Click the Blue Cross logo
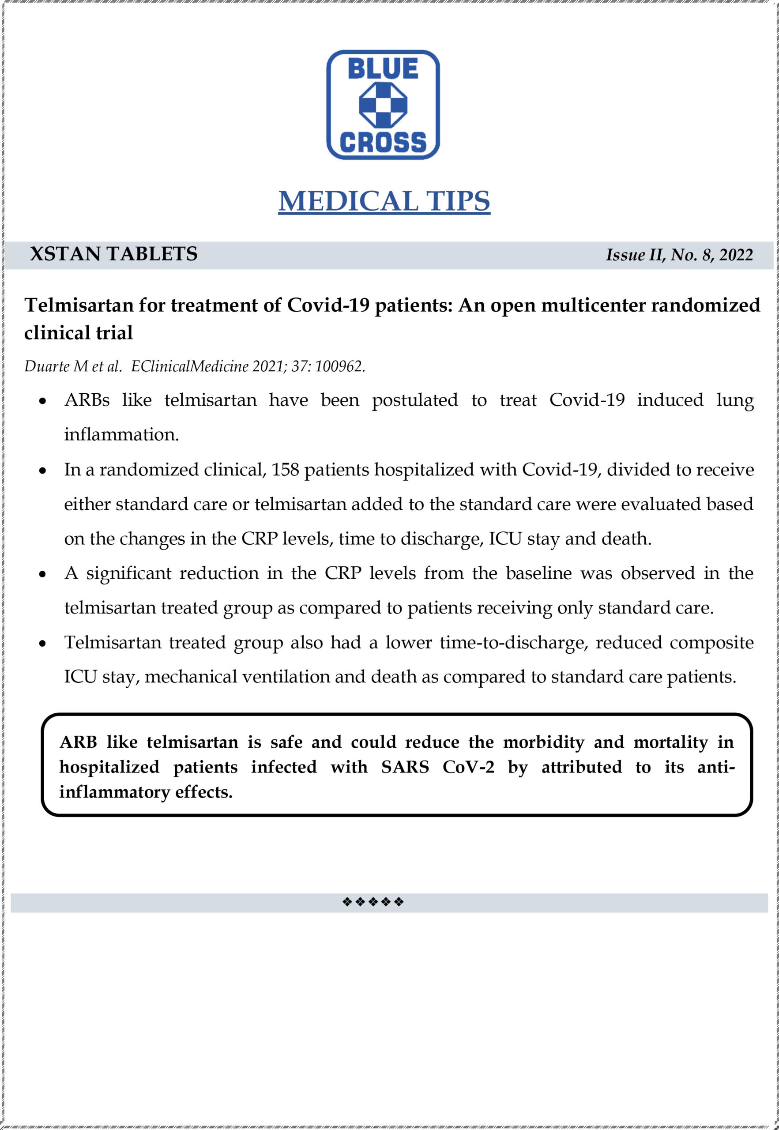(383, 105)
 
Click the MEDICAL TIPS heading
(384, 201)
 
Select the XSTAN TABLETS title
(114, 254)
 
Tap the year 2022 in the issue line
(736, 255)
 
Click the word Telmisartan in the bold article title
(79, 305)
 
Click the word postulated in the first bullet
(415, 401)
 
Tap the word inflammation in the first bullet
(121, 434)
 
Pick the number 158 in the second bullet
(285, 470)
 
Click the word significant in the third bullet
(129, 573)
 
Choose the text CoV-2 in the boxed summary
(468, 767)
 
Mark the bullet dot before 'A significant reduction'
(43, 575)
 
